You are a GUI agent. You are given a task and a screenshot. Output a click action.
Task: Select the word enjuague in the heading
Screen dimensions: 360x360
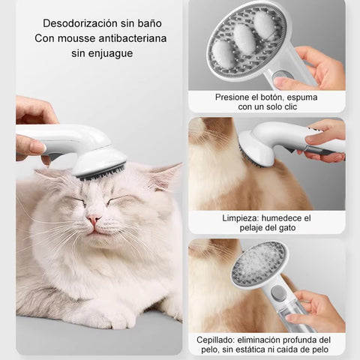click(x=109, y=53)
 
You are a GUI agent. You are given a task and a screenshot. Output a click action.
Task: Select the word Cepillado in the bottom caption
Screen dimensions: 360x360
click(x=220, y=339)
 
